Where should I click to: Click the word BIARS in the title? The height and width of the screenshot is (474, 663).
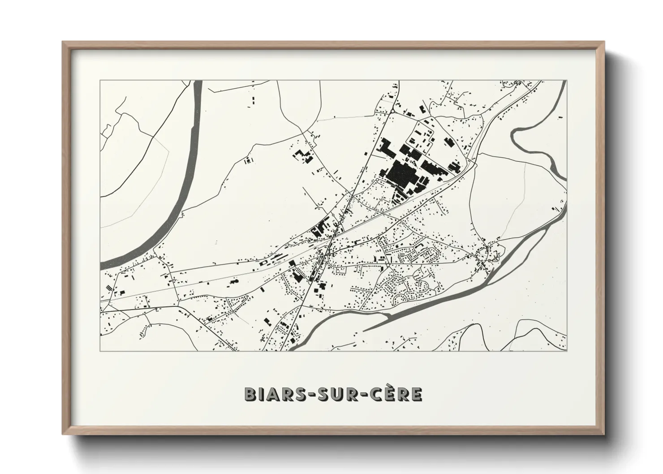pos(271,394)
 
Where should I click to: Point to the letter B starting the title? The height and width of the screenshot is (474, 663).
pos(250,394)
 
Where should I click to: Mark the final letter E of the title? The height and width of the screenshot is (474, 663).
pos(416,394)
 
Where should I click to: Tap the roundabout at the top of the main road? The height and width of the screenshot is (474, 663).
pos(392,111)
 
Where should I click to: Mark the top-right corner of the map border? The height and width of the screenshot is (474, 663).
pos(567,81)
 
